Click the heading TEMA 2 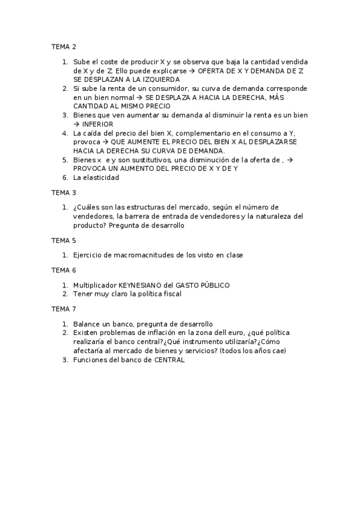(x=64, y=46)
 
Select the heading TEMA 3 (x=64, y=192)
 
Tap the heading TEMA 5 (x=64, y=240)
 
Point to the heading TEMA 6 (x=64, y=270)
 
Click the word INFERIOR (x=98, y=124)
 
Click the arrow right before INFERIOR (x=77, y=124)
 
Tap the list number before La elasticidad (x=65, y=177)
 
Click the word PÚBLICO (x=214, y=285)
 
